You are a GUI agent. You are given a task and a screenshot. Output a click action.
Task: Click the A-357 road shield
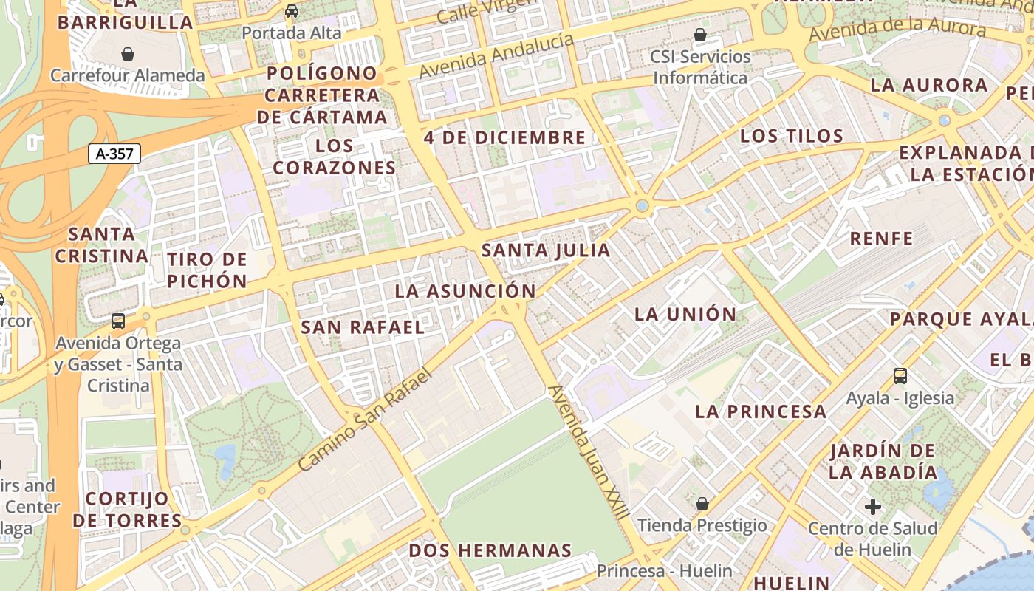pyautogui.click(x=114, y=154)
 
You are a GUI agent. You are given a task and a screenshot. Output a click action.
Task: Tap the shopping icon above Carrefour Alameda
pyautogui.click(x=128, y=54)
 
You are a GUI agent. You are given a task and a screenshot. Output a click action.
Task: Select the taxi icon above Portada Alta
pyautogui.click(x=292, y=11)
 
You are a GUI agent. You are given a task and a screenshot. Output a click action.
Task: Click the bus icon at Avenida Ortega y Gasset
pyautogui.click(x=118, y=321)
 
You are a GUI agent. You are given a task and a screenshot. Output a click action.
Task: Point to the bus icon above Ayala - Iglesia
pyautogui.click(x=900, y=375)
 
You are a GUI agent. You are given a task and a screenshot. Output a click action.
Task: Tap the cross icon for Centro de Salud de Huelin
pyautogui.click(x=873, y=507)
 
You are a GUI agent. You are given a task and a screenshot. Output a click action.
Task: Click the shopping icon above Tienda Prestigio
pyautogui.click(x=702, y=504)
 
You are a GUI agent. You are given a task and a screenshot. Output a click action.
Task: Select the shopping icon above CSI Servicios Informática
pyautogui.click(x=699, y=35)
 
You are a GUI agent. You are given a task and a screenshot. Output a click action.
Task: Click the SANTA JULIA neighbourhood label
pyautogui.click(x=546, y=250)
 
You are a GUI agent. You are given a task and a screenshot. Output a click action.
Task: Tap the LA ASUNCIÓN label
pyautogui.click(x=465, y=291)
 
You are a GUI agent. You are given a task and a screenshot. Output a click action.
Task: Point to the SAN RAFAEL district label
pyautogui.click(x=363, y=327)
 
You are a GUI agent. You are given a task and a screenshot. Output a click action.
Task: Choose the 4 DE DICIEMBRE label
pyautogui.click(x=504, y=137)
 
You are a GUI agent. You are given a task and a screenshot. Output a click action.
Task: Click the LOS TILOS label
pyautogui.click(x=791, y=136)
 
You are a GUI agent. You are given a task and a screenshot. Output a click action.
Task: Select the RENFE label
pyautogui.click(x=881, y=239)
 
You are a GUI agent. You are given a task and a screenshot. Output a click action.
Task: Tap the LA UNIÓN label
pyautogui.click(x=685, y=314)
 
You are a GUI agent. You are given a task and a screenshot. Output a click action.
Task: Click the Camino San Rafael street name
pyautogui.click(x=365, y=420)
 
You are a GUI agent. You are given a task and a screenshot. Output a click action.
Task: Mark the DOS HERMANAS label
pyautogui.click(x=490, y=550)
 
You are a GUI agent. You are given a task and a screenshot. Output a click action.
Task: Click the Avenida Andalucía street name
pyautogui.click(x=496, y=56)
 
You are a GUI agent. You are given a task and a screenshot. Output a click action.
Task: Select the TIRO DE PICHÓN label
pyautogui.click(x=207, y=270)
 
